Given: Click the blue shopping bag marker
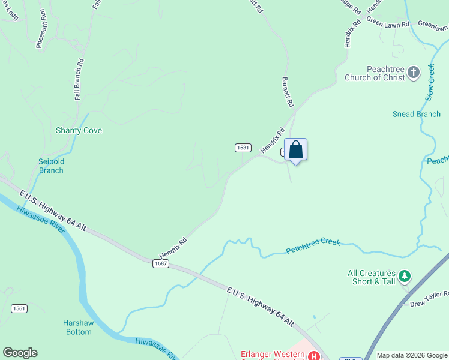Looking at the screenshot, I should coord(295,149).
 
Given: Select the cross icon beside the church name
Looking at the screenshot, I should coord(414,73).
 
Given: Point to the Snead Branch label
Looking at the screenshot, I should coord(416,114).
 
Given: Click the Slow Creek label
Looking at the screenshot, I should coord(430,83).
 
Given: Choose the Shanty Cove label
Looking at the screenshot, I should coord(79,130).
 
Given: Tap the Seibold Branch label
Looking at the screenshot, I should coord(51,166).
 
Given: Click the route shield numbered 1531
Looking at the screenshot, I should coord(243,148).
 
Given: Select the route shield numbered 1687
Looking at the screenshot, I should coord(160,263).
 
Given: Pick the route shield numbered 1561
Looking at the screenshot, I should coord(19,308).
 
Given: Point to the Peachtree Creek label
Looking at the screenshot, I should coord(313,246).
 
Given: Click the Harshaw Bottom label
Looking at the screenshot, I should coord(78,327).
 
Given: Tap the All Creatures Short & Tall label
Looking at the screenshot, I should coord(372,277).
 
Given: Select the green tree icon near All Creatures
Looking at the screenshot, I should coord(405,276).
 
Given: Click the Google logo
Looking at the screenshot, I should coord(20,353).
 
